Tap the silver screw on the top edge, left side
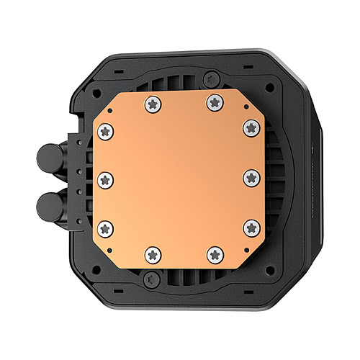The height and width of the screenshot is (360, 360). (x=152, y=104)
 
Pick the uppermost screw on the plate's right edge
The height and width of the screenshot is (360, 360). (x=251, y=127)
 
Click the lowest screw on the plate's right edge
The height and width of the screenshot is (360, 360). (x=251, y=228)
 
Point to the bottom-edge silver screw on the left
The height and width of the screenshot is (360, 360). (x=152, y=253)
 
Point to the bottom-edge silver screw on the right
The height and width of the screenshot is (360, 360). (x=214, y=253)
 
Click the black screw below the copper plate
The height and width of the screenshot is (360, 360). (x=148, y=282)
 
